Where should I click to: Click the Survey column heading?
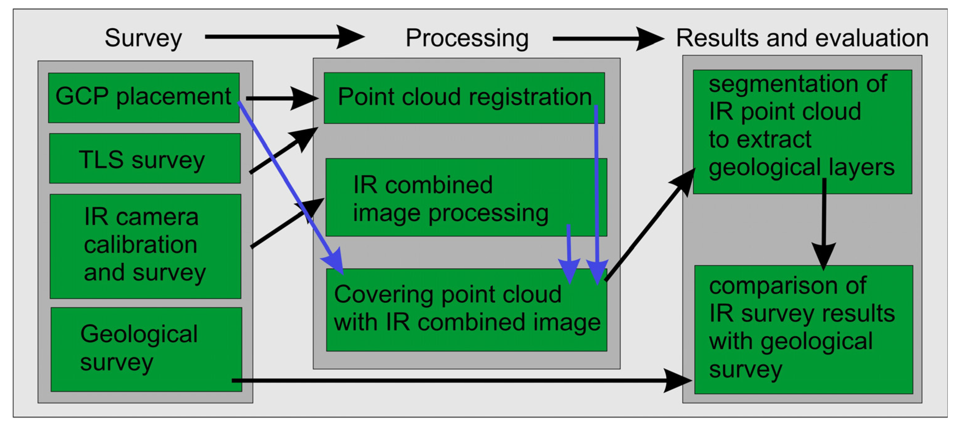143,38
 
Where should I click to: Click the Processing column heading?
467,38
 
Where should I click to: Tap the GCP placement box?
144,97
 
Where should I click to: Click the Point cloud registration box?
464,97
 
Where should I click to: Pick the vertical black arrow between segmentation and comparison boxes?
824,223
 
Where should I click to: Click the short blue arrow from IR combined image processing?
569,253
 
